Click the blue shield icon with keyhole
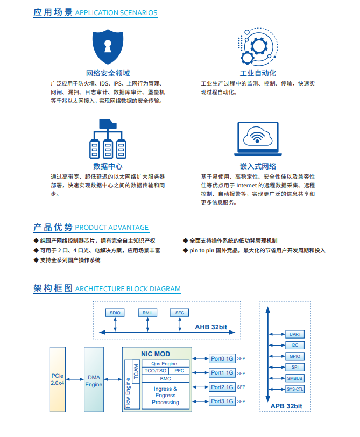click(x=108, y=46)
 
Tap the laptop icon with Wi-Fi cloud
click(x=258, y=139)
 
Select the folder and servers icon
click(x=108, y=139)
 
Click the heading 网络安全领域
click(x=108, y=73)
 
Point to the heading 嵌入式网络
click(x=258, y=166)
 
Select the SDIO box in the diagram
click(x=115, y=313)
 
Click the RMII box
click(x=147, y=313)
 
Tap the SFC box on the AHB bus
click(x=179, y=313)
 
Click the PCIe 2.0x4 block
click(x=58, y=379)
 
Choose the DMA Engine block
click(x=94, y=379)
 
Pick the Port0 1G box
click(x=222, y=358)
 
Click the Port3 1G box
click(x=222, y=401)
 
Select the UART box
click(x=295, y=334)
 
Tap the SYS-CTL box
click(x=295, y=389)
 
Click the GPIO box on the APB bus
click(x=295, y=356)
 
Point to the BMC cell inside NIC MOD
click(x=166, y=379)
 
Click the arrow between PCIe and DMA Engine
click(x=75, y=379)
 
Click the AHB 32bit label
click(x=211, y=327)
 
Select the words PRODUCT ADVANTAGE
click(x=112, y=228)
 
